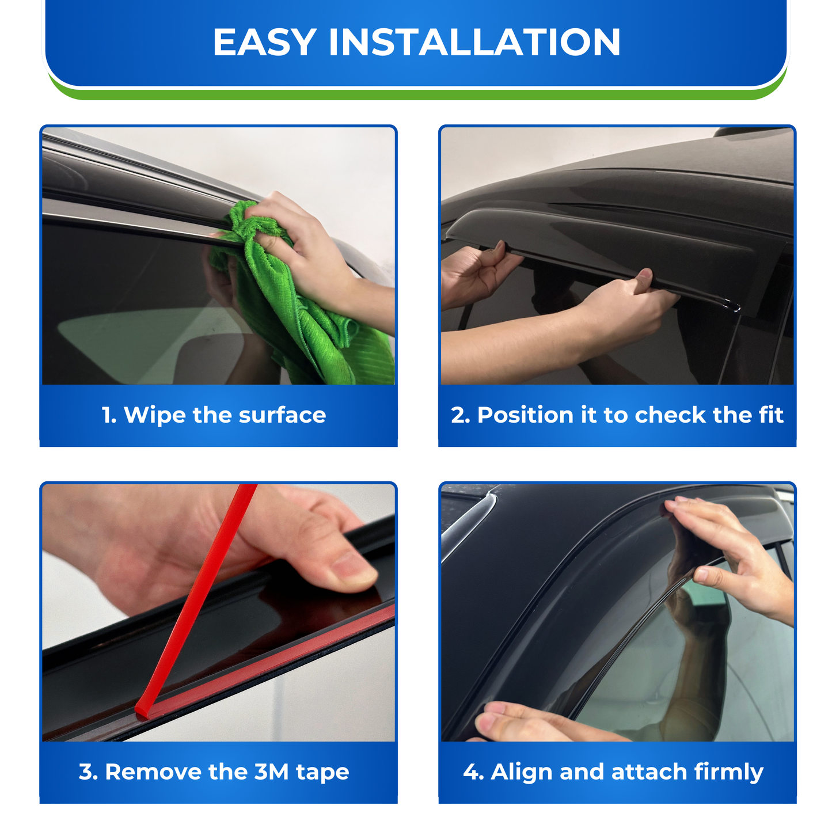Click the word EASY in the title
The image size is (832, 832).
click(264, 42)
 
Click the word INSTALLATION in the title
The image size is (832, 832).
click(474, 42)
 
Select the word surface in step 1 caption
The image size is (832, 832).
click(282, 415)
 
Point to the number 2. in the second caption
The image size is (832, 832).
click(460, 415)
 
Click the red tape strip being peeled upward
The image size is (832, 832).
click(196, 599)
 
